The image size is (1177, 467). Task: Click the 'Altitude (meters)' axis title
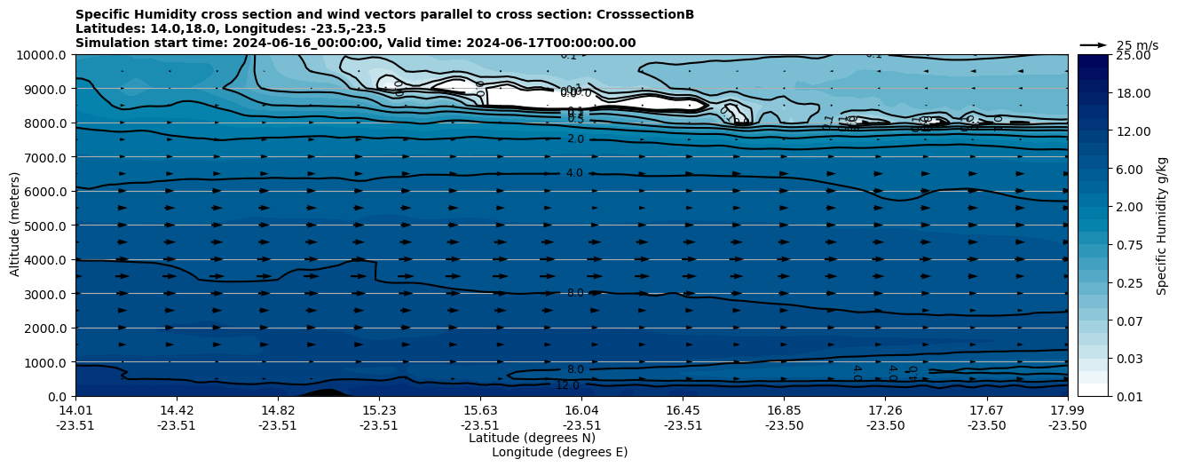click(x=15, y=226)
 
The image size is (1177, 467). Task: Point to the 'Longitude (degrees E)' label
click(x=559, y=452)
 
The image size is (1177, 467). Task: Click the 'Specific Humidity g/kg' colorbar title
click(x=1162, y=226)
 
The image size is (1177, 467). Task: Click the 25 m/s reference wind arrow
click(x=1094, y=44)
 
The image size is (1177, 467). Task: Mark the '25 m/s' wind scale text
click(x=1137, y=45)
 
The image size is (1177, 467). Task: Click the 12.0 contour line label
click(x=567, y=385)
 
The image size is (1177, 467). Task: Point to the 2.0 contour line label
click(x=575, y=139)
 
